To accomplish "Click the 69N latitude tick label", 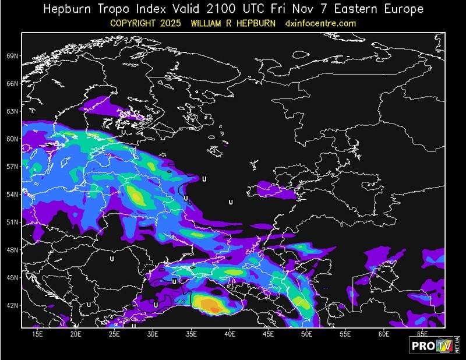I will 12,56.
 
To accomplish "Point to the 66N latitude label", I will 12,83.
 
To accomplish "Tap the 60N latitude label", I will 12,139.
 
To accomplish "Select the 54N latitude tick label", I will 12,194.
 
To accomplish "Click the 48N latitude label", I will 12,249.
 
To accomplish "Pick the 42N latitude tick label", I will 12,305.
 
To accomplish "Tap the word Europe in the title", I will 401,9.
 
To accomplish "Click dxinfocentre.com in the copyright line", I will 320,23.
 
